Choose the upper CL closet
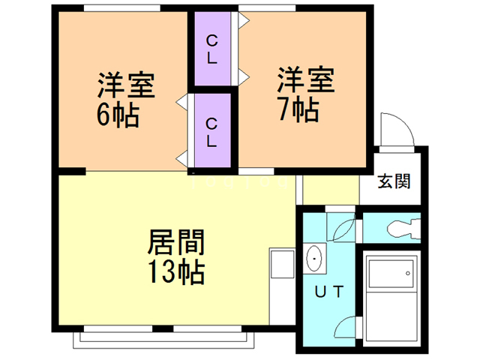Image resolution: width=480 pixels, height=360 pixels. click(x=212, y=49)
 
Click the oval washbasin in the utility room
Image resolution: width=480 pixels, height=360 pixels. click(x=313, y=258)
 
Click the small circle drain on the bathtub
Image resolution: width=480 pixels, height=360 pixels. click(x=409, y=273)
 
